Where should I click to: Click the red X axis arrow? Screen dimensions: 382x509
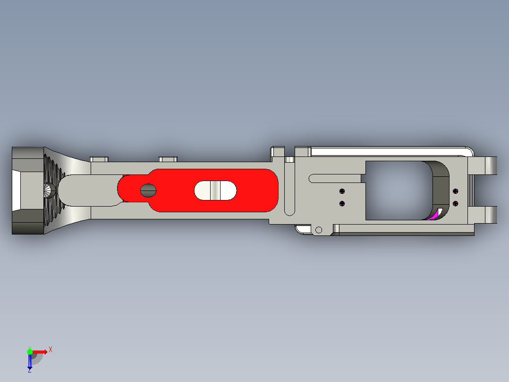41,352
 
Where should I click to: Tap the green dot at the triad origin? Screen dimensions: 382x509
30,351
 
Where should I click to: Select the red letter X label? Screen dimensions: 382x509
51,349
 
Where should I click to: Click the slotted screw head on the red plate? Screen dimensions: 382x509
148,190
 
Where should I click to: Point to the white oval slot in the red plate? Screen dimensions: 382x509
215,190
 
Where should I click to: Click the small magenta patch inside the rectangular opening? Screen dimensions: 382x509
433,216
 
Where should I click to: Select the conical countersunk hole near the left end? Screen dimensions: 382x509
49,191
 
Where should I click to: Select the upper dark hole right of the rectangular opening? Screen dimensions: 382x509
455,191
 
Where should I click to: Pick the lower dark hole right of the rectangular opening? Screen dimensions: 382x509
455,204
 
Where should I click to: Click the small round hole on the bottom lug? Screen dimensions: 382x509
319,230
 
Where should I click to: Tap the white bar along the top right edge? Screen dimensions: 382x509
387,151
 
